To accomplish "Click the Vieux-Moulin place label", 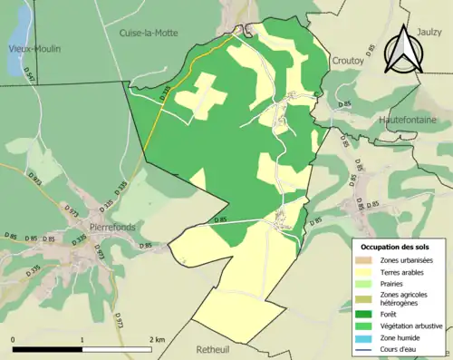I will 34,49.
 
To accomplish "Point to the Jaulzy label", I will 429,30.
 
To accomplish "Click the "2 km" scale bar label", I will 158,340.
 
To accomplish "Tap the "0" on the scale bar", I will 14,340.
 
